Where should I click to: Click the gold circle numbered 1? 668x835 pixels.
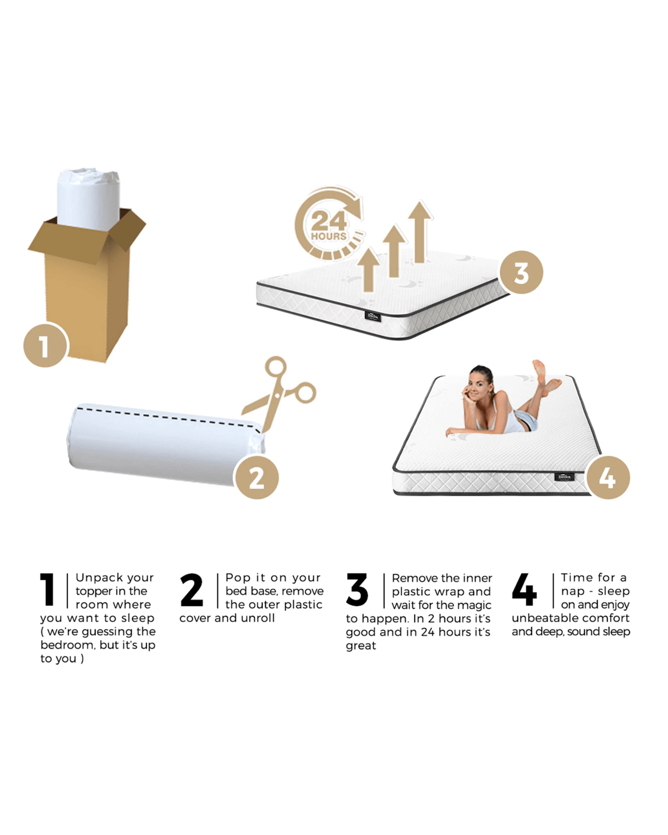tap(46, 345)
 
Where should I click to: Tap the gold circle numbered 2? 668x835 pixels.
tap(257, 477)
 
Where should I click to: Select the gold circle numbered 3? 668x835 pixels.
tap(521, 272)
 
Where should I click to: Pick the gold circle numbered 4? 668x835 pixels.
tap(608, 477)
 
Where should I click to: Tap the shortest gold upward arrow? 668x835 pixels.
tap(369, 269)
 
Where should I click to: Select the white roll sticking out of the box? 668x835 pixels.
tap(89, 199)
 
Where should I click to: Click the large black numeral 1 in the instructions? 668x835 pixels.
tap(47, 590)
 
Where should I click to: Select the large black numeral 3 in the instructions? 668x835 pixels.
tap(356, 590)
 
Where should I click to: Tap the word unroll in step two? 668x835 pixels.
tap(258, 618)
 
